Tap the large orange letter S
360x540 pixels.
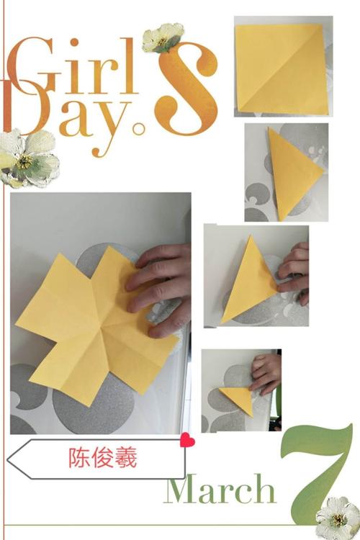tap(189, 89)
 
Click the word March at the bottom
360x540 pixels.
tap(221, 488)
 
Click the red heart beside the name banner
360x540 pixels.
tap(187, 440)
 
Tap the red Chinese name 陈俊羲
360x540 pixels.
tap(103, 458)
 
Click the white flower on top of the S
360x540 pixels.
tap(162, 38)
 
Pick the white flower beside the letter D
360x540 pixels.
tap(27, 158)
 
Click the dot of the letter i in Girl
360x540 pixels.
tap(74, 42)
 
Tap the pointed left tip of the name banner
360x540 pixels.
tap(8, 460)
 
